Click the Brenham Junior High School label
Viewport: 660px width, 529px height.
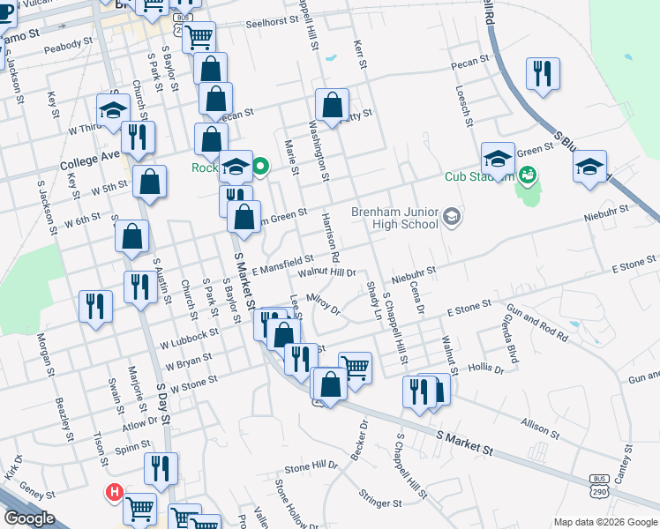394,217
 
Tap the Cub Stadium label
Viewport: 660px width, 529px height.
479,176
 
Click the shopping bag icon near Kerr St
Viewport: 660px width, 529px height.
333,105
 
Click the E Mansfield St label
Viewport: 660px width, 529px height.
283,263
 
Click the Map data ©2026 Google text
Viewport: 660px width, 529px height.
604,521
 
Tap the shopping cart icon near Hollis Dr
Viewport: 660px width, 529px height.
355,367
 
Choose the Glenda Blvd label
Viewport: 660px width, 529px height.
510,338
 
